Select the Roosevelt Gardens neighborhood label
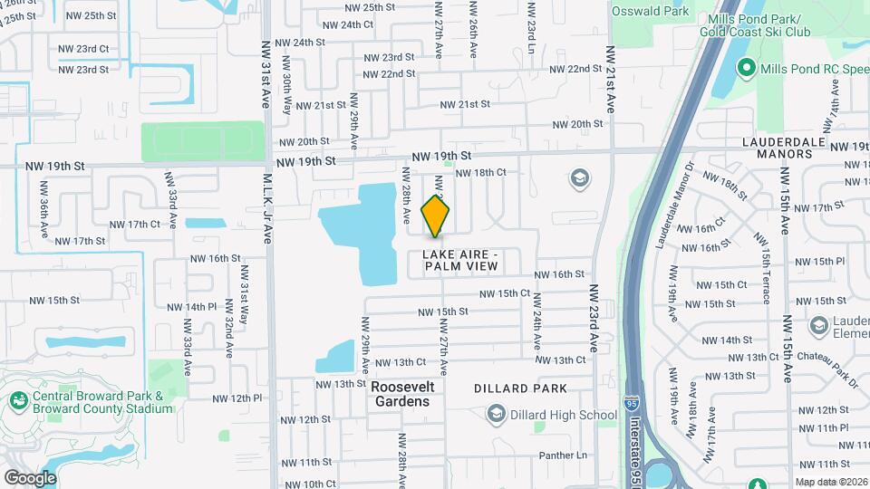click(x=403, y=394)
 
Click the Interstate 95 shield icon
click(x=632, y=399)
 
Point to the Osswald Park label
click(x=650, y=12)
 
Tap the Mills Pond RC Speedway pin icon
click(x=748, y=67)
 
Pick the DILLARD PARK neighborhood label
click(x=520, y=388)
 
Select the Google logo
click(x=30, y=477)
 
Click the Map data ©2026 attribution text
click(x=831, y=482)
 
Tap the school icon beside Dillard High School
click(x=495, y=416)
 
